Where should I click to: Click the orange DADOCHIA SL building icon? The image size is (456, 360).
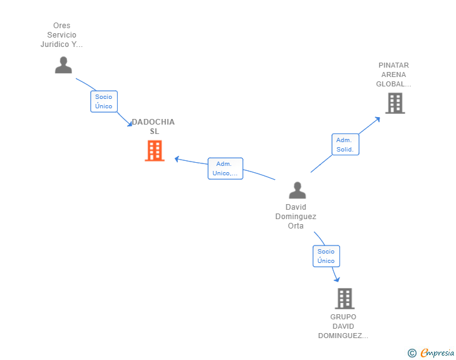tap(155, 151)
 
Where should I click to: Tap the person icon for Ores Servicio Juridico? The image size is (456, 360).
tap(63, 65)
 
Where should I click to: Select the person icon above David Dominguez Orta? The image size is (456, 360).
tap(297, 190)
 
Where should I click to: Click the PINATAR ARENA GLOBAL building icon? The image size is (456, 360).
tap(395, 103)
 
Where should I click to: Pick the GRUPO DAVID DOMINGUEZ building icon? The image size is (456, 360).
tap(345, 299)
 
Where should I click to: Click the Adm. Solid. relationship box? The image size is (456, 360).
tap(345, 145)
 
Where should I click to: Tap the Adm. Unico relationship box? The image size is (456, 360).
tap(225, 168)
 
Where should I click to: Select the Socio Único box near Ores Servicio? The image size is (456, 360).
tap(104, 101)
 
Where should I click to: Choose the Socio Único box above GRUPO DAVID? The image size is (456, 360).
tap(326, 256)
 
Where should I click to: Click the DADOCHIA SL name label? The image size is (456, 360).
tap(153, 126)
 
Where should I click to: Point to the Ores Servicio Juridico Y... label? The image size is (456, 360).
tap(61, 35)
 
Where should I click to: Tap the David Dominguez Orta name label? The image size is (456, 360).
tap(296, 217)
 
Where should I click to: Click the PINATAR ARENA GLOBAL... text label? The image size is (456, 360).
tap(393, 75)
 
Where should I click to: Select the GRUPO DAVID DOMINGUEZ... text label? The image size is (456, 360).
tap(343, 326)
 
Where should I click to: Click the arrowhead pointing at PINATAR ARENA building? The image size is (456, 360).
tap(378, 119)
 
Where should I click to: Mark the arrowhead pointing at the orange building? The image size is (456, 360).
tap(177, 159)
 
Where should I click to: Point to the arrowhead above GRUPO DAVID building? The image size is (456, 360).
tap(337, 279)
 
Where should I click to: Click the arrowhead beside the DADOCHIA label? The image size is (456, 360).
tap(130, 124)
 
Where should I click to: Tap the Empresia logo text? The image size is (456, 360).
tap(437, 352)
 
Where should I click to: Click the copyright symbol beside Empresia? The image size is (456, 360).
tap(412, 353)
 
